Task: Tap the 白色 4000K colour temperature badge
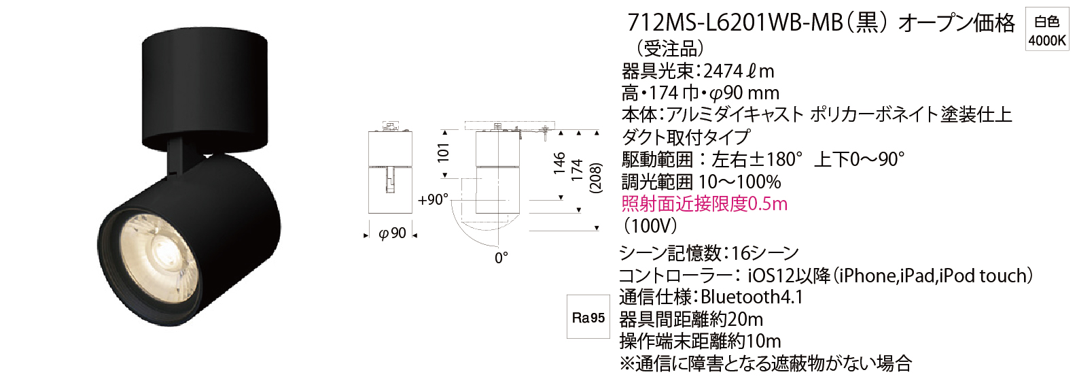(1046, 31)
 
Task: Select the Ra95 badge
(588, 318)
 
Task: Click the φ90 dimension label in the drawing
(392, 233)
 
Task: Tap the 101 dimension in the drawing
(443, 152)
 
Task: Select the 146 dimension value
(559, 163)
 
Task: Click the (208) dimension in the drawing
(595, 178)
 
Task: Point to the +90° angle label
(433, 199)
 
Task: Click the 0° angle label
(501, 259)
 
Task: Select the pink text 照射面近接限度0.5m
(705, 204)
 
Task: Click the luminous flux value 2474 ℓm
(739, 71)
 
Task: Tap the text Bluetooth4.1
(752, 297)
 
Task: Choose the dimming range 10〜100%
(739, 182)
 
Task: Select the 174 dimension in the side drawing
(576, 170)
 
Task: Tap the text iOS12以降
(789, 276)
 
